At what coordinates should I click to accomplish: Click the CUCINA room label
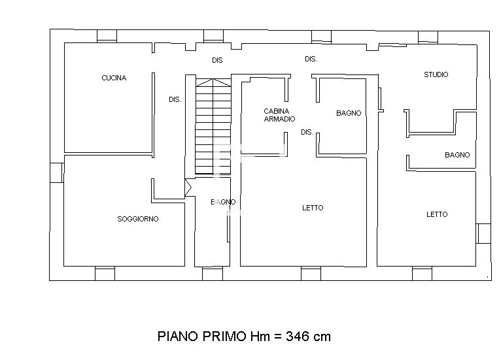[x=114, y=78]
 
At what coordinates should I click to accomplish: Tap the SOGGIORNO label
[x=137, y=219]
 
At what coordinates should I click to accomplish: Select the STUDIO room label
[x=436, y=74]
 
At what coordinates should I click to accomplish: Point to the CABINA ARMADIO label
[x=279, y=115]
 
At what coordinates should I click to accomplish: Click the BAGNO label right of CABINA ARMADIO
[x=349, y=113]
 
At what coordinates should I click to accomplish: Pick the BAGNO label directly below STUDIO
[x=457, y=155]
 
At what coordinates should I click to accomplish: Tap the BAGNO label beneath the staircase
[x=223, y=202]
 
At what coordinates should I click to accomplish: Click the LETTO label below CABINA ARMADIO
[x=313, y=208]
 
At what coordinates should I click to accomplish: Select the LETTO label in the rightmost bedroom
[x=437, y=214]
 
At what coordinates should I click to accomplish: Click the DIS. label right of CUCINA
[x=175, y=100]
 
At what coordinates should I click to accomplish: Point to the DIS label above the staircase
[x=218, y=60]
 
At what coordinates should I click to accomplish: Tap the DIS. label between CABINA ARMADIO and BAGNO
[x=307, y=132]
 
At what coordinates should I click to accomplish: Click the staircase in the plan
[x=213, y=127]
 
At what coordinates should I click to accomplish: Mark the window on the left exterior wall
[x=56, y=172]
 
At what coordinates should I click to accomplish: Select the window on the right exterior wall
[x=483, y=233]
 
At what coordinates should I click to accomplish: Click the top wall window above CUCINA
[x=107, y=36]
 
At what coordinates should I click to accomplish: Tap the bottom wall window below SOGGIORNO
[x=105, y=274]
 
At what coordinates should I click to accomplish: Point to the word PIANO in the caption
[x=179, y=336]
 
